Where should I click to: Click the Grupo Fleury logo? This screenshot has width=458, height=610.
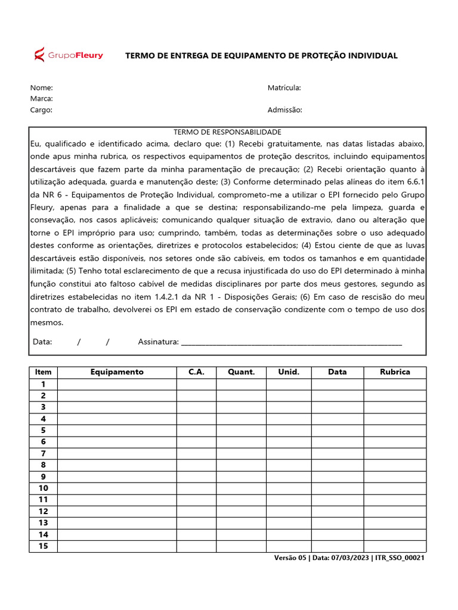tap(68, 55)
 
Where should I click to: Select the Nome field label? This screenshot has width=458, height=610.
tap(42, 88)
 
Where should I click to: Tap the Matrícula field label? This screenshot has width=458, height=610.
tap(284, 88)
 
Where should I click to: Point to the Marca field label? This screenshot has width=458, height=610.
tap(42, 98)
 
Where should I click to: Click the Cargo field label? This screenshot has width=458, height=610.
tap(42, 110)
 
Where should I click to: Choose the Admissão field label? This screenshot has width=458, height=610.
tap(284, 110)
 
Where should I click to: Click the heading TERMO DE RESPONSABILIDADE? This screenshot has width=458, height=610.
tap(227, 132)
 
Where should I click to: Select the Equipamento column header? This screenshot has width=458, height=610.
tap(117, 372)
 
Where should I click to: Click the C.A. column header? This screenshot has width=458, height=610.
tap(196, 372)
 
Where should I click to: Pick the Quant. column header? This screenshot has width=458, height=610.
tap(241, 372)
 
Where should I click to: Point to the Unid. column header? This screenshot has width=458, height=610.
tap(289, 372)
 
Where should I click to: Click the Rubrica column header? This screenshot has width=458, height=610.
tap(395, 372)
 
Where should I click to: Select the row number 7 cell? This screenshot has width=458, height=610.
tap(43, 453)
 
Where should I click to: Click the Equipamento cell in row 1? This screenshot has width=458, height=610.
tap(117, 384)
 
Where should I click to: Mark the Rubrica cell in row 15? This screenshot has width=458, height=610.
tap(395, 546)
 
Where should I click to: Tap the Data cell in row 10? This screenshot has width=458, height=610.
tap(337, 488)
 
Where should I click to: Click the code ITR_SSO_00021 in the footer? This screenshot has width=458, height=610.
tap(400, 558)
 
